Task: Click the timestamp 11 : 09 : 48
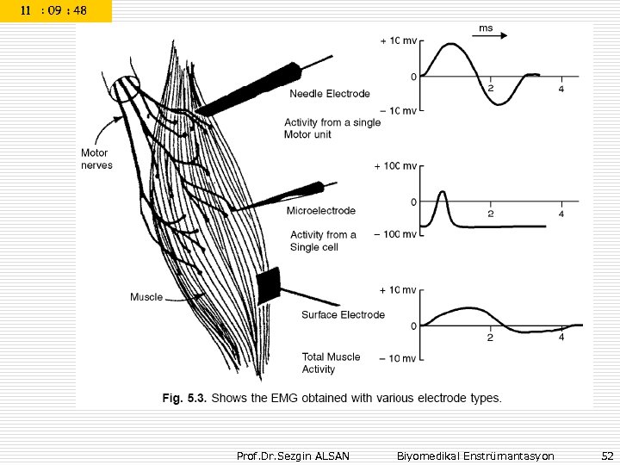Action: [x=54, y=11]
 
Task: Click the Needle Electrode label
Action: [x=330, y=94]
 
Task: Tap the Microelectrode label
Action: [x=320, y=210]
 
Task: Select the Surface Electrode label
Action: [x=343, y=315]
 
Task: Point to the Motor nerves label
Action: [x=96, y=159]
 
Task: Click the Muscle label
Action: [x=146, y=297]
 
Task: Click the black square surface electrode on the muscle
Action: [x=269, y=285]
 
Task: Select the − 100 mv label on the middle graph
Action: [x=396, y=234]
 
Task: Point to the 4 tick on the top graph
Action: [x=561, y=90]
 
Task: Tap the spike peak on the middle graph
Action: [x=443, y=193]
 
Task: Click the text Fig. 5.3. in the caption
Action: [x=186, y=398]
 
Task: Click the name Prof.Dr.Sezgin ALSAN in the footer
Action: [x=293, y=455]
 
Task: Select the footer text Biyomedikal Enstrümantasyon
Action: [x=475, y=455]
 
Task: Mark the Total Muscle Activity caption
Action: [x=331, y=363]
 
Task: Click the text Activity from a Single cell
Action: [x=322, y=240]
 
